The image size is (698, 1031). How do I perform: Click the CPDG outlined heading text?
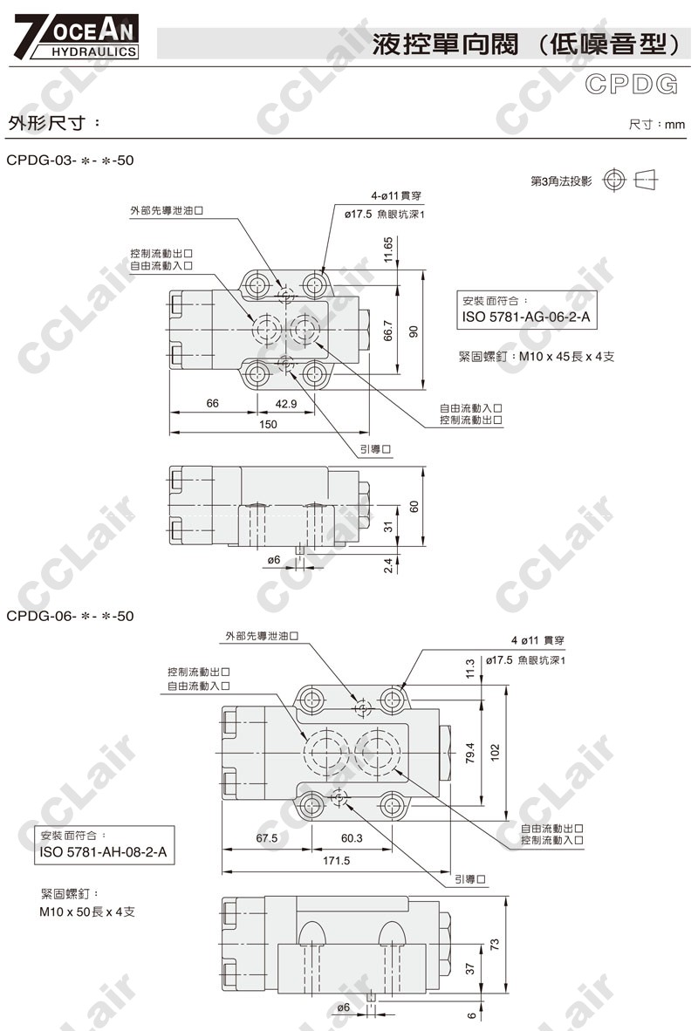(632, 85)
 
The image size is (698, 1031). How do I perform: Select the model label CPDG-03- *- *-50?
(70, 161)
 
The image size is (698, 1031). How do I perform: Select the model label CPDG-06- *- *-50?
(70, 616)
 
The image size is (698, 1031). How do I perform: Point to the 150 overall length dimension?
(268, 425)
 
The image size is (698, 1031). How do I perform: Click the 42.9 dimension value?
(286, 404)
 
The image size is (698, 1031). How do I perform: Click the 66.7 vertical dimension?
(389, 331)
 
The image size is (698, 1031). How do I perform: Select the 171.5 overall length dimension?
(336, 861)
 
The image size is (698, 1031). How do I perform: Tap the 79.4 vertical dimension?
(469, 752)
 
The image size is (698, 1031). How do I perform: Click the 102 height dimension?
(496, 750)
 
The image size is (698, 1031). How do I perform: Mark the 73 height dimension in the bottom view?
(494, 944)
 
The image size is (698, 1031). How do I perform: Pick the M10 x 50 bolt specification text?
(86, 912)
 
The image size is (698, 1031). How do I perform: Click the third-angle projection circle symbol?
(614, 181)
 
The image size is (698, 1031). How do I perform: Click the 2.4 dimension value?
(389, 566)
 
